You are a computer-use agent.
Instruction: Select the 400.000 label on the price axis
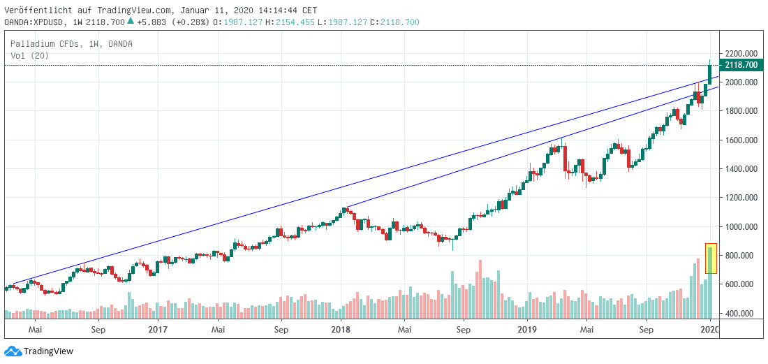click(x=741, y=313)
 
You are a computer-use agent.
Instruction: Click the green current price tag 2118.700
click(x=741, y=65)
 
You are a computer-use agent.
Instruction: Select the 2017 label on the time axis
click(x=158, y=328)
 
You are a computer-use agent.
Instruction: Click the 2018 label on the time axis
click(x=341, y=328)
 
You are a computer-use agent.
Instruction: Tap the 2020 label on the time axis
click(x=709, y=328)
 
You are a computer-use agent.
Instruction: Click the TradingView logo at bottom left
click(x=39, y=351)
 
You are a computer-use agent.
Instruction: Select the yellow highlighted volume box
click(x=711, y=259)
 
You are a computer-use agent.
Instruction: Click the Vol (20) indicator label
click(x=29, y=55)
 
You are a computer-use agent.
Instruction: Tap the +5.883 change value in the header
click(x=151, y=22)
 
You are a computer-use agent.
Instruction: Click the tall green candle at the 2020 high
click(x=710, y=73)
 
